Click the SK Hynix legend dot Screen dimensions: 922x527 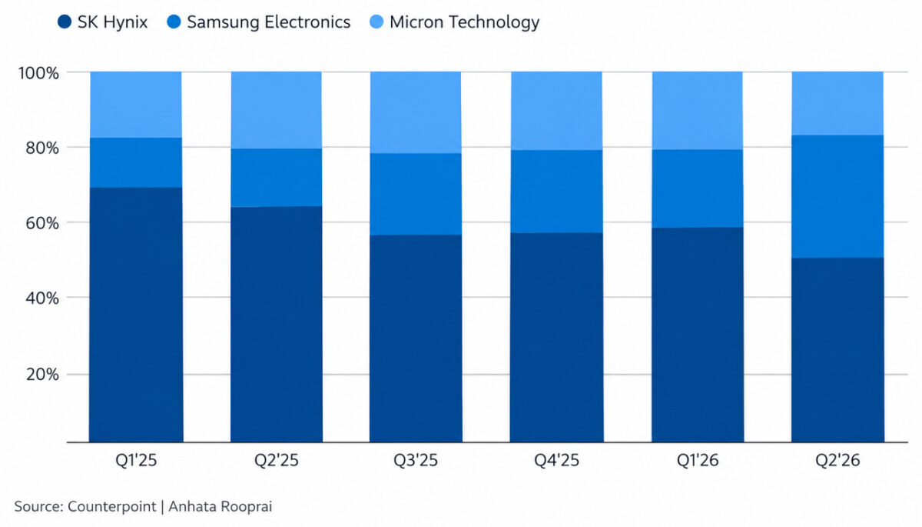point(65,22)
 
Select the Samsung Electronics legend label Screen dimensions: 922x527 point(269,22)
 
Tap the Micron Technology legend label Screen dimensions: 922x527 point(464,22)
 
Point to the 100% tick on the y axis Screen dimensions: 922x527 point(38,73)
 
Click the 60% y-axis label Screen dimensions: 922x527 point(42,223)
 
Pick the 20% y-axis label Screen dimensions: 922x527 point(42,375)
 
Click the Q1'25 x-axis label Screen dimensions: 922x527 point(136,460)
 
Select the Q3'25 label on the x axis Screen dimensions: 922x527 point(416,460)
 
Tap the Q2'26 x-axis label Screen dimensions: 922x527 point(837,460)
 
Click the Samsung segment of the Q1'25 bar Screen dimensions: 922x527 point(136,163)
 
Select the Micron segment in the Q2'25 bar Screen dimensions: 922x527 point(276,110)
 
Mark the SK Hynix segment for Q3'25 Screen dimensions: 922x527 point(416,339)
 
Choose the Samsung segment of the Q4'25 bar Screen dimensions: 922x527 point(556,192)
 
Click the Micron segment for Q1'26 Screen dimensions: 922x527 point(698,111)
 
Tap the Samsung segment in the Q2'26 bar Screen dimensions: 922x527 point(837,196)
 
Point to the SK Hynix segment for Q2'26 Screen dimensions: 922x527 point(837,350)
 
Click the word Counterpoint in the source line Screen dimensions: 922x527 point(112,507)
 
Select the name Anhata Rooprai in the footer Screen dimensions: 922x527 point(221,507)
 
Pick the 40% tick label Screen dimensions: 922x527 point(42,299)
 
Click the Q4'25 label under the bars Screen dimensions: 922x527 point(556,460)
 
